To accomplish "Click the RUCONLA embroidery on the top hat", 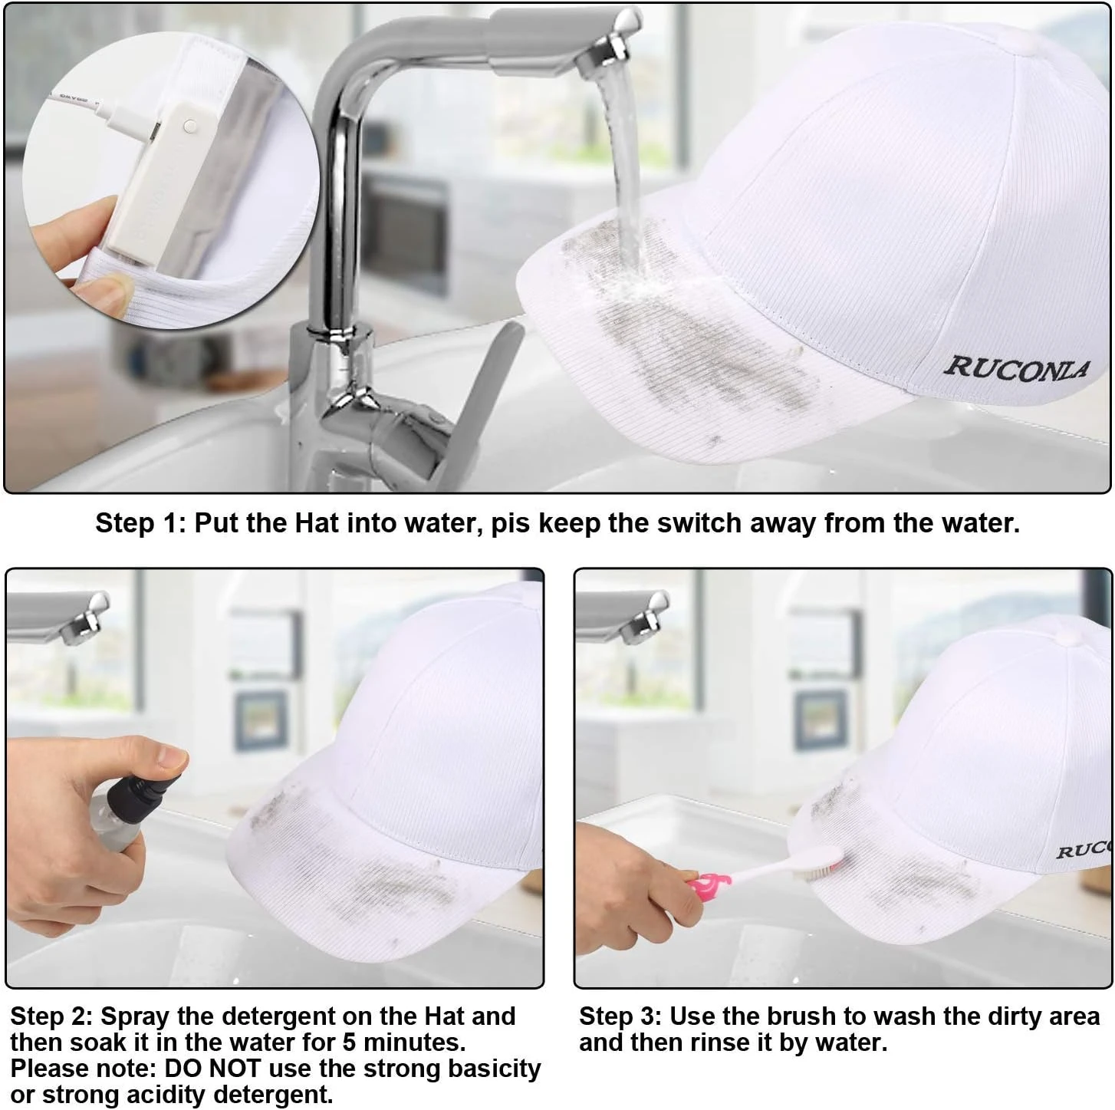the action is point(1017,369).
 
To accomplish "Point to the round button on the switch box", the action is point(189,126).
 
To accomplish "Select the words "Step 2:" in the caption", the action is point(51,1016).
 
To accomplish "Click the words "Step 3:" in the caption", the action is point(620,1016).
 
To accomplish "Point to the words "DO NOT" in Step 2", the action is point(213,1069).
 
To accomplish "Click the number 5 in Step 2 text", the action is point(349,1042).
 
